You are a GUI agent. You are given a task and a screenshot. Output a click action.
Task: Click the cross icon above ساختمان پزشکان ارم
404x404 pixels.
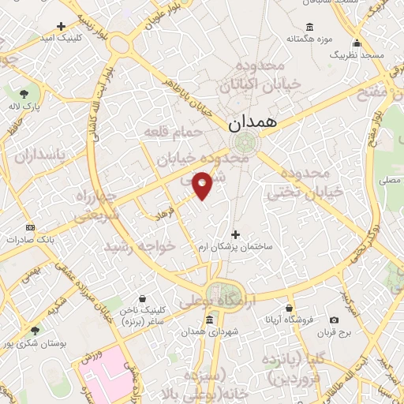[235, 234]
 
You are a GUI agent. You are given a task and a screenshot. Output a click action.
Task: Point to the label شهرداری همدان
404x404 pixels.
[208, 331]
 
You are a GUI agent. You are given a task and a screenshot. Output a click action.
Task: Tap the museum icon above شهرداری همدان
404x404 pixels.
[208, 320]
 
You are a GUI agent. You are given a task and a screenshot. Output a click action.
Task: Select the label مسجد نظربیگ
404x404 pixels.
[357, 55]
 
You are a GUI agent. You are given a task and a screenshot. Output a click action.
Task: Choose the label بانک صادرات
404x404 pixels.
[29, 238]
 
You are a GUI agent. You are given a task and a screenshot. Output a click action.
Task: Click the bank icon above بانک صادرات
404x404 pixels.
[31, 226]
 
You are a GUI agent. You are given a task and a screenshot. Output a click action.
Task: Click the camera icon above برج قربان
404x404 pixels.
[334, 320]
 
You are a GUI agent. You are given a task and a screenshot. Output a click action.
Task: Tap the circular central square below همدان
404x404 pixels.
[243, 143]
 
